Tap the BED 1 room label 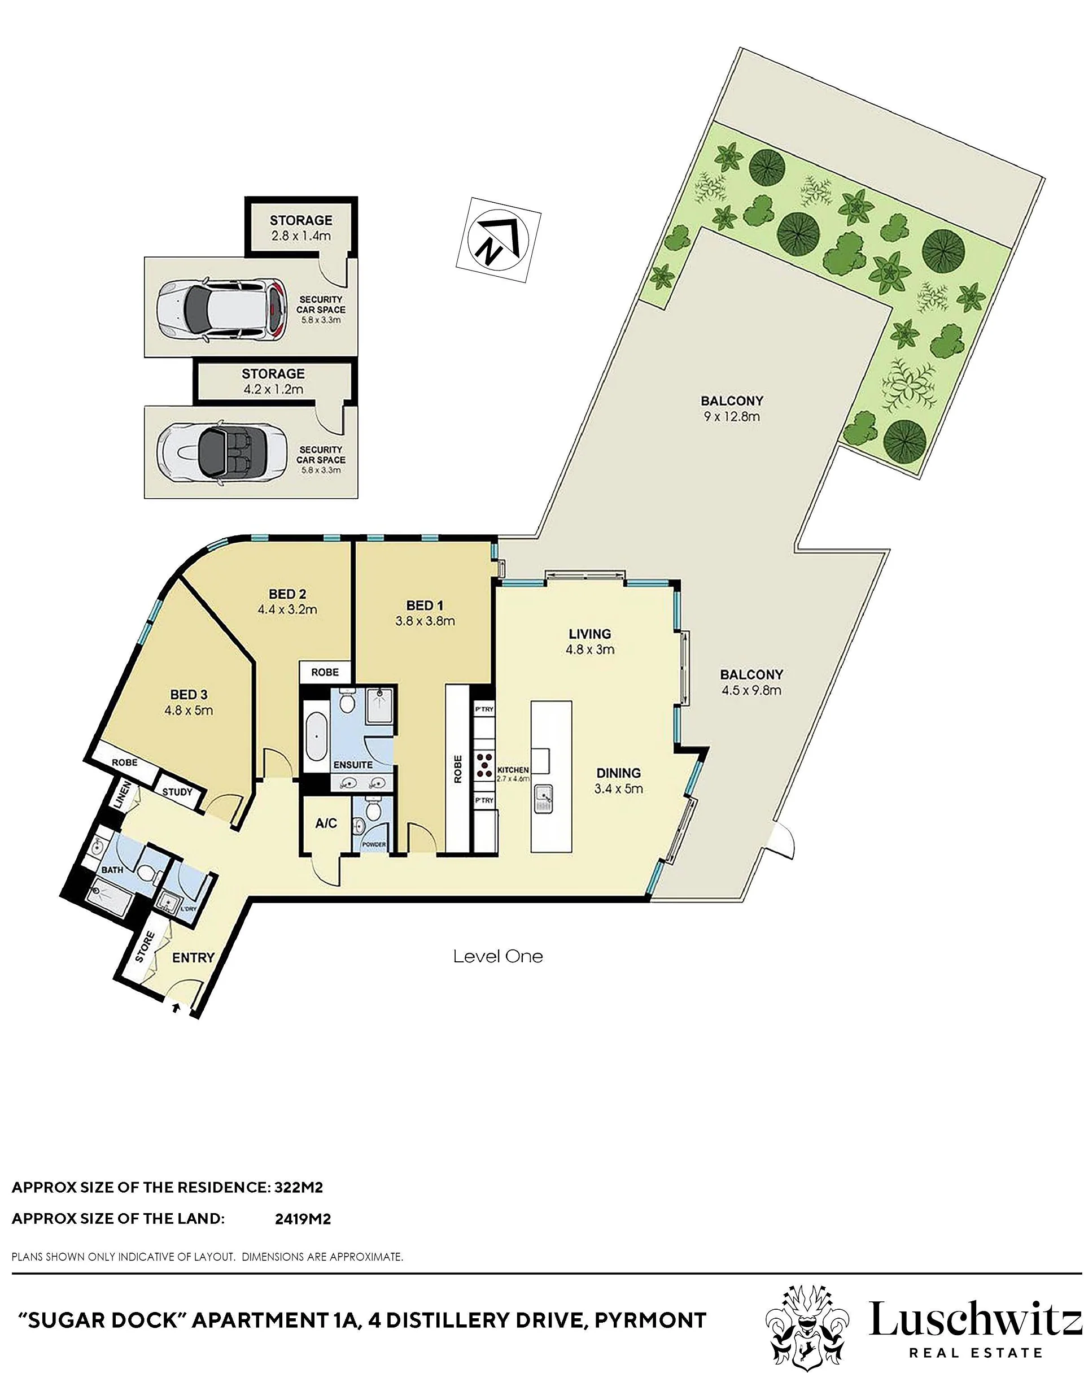coord(425,605)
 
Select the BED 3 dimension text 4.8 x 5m coord(189,711)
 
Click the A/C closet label coord(326,823)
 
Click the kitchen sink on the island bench coord(543,800)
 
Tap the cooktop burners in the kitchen coord(485,765)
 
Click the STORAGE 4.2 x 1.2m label coord(273,381)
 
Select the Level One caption coord(498,957)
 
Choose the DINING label coord(618,773)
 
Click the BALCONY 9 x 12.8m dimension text coord(731,417)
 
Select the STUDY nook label coord(177,792)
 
